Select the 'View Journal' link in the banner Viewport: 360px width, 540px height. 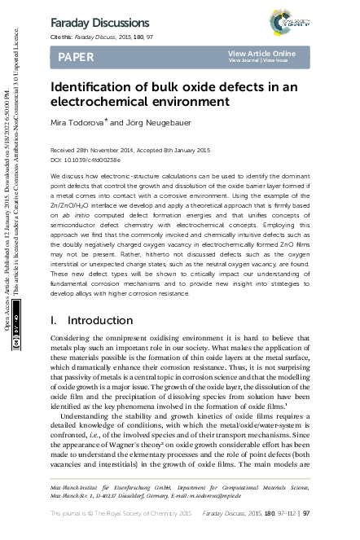[x=244, y=61]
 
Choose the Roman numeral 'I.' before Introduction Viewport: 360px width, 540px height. [x=55, y=275]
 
